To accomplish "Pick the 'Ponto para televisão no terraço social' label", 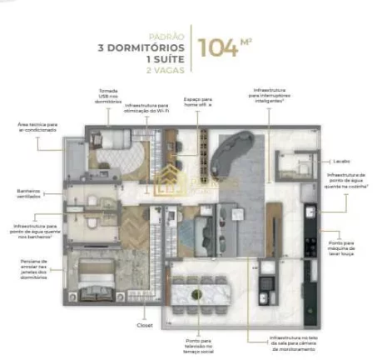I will click(x=196, y=346).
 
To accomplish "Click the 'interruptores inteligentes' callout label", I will click(x=275, y=97).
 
